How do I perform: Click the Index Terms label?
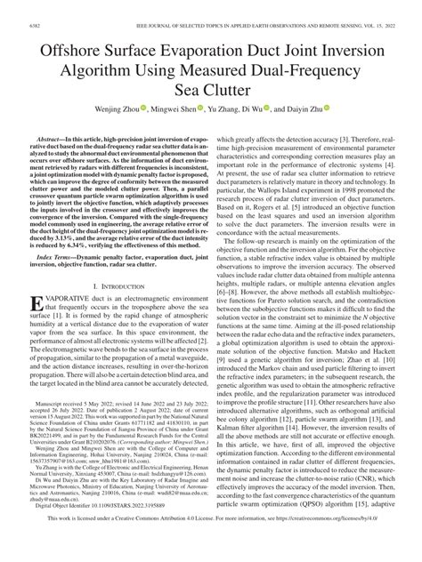coord(50,254)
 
